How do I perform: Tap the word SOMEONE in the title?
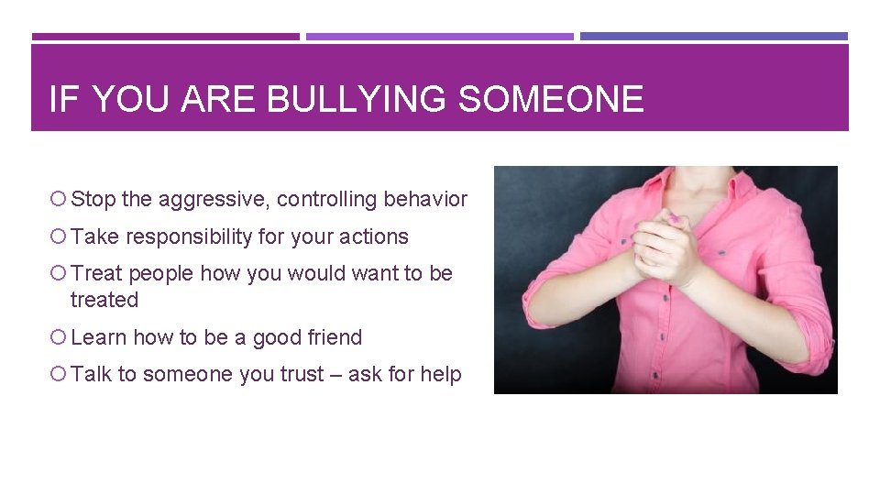[x=551, y=99]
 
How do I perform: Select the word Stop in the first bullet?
[x=92, y=199]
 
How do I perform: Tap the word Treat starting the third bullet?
[x=96, y=273]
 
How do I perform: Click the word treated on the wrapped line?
[x=104, y=300]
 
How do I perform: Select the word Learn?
[x=98, y=337]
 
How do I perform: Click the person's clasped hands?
[x=664, y=243]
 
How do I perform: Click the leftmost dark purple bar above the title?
[x=166, y=37]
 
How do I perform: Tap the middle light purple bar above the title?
[x=439, y=37]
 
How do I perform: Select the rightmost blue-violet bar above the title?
[x=714, y=37]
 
